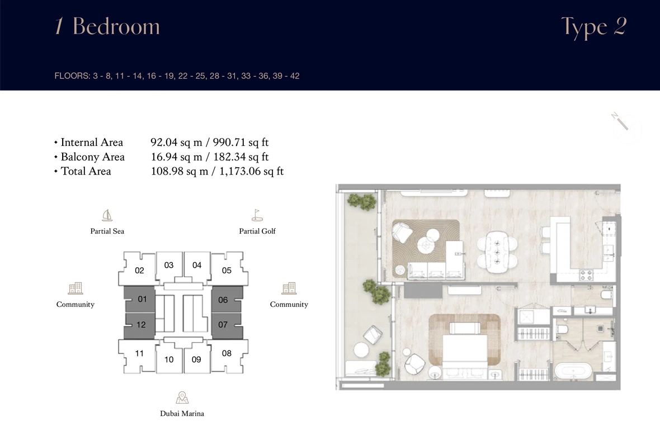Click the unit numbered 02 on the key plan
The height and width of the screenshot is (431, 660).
(139, 270)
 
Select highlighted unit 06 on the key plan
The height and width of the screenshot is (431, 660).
(223, 300)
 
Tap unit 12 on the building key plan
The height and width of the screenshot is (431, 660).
(141, 325)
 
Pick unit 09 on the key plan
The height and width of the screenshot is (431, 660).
(196, 359)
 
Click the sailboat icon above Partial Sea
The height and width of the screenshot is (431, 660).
(107, 216)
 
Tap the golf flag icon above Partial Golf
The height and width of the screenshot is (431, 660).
(257, 215)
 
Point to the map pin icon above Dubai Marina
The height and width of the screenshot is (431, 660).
(182, 397)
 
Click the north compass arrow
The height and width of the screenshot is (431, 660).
(620, 121)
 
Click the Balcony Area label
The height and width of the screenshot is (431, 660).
(93, 157)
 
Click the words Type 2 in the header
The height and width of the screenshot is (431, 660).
(594, 27)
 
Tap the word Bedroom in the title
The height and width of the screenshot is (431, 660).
(116, 26)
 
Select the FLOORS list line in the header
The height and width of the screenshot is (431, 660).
(177, 76)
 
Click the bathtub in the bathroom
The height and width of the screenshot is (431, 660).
(573, 372)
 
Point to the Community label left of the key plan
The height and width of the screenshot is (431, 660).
(76, 305)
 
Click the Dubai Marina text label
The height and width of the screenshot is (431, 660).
(182, 414)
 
